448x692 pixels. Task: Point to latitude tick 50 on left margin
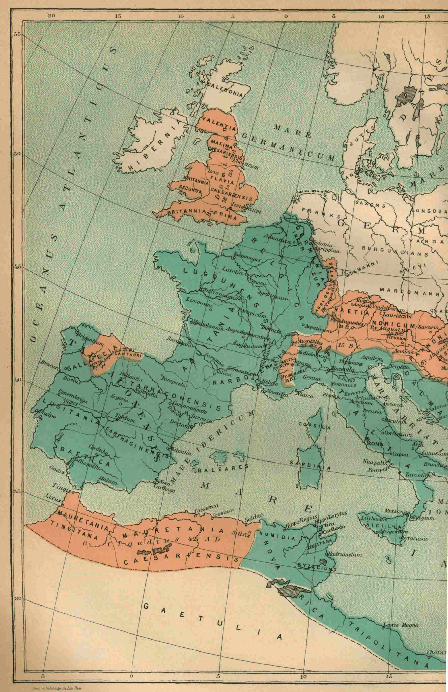pyautogui.click(x=17, y=154)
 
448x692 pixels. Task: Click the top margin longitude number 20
pyautogui.click(x=51, y=16)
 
